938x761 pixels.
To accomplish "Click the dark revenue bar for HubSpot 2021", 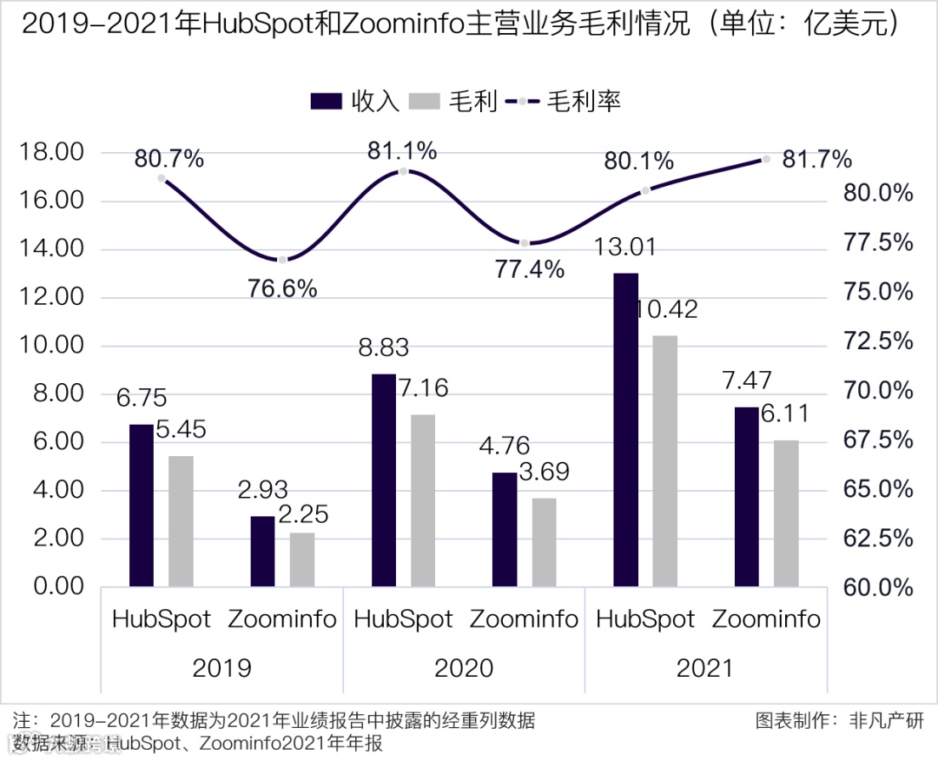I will [625, 430].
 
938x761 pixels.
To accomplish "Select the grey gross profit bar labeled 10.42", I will [664, 460].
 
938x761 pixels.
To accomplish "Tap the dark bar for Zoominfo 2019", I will [262, 552].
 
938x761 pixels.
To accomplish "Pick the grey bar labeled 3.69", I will [544, 542].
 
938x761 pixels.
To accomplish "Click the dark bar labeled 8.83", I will [384, 480].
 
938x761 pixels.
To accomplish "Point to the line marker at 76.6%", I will [282, 260].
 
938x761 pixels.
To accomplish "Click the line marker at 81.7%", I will [766, 159].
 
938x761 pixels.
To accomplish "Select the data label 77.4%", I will [530, 269].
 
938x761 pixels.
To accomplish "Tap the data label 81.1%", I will [401, 151].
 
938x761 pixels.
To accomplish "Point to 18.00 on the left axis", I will [52, 154].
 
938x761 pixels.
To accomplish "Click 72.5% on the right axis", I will [880, 341].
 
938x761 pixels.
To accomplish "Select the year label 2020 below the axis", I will [464, 667].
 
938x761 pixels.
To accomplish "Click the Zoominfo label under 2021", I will [766, 619].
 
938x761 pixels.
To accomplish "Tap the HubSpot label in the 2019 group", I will [162, 619].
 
